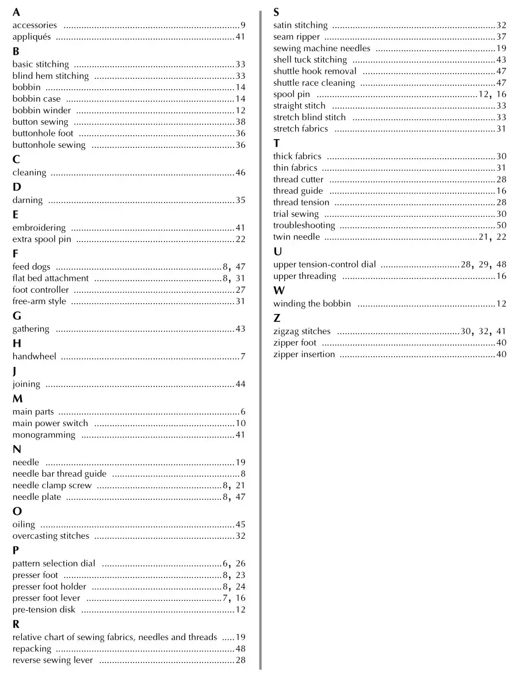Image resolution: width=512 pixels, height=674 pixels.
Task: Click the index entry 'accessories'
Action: tap(35, 25)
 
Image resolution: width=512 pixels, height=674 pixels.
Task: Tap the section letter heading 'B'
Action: tap(16, 51)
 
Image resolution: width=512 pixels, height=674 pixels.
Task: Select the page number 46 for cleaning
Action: tap(240, 173)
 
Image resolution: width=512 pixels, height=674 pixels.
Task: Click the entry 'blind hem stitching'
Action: tap(51, 76)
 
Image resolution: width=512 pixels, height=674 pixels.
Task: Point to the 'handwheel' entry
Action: tap(35, 357)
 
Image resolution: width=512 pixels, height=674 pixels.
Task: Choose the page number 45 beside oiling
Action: tap(240, 524)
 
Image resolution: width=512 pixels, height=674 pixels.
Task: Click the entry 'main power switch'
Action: tap(50, 423)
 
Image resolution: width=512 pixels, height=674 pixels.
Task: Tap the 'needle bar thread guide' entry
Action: tap(59, 474)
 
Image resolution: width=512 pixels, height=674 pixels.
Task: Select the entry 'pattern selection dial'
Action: tap(54, 564)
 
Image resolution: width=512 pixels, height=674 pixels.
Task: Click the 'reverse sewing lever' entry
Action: tap(52, 660)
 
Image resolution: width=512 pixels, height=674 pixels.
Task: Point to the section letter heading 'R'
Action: tap(16, 623)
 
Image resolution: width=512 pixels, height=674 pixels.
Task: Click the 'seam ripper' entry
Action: tap(296, 37)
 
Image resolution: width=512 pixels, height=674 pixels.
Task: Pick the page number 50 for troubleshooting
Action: tap(501, 225)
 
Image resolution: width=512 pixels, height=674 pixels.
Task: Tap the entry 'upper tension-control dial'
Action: tap(324, 265)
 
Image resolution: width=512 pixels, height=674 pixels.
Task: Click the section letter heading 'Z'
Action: tap(277, 317)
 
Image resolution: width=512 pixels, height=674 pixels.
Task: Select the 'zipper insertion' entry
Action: tap(304, 354)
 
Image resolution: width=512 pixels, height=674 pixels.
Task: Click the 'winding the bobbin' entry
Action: tap(312, 304)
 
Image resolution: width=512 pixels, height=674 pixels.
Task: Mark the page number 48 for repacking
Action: tap(240, 649)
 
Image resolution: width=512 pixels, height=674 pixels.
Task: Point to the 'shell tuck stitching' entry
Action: tap(310, 60)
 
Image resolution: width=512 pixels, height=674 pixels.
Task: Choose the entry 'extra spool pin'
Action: tap(41, 239)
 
